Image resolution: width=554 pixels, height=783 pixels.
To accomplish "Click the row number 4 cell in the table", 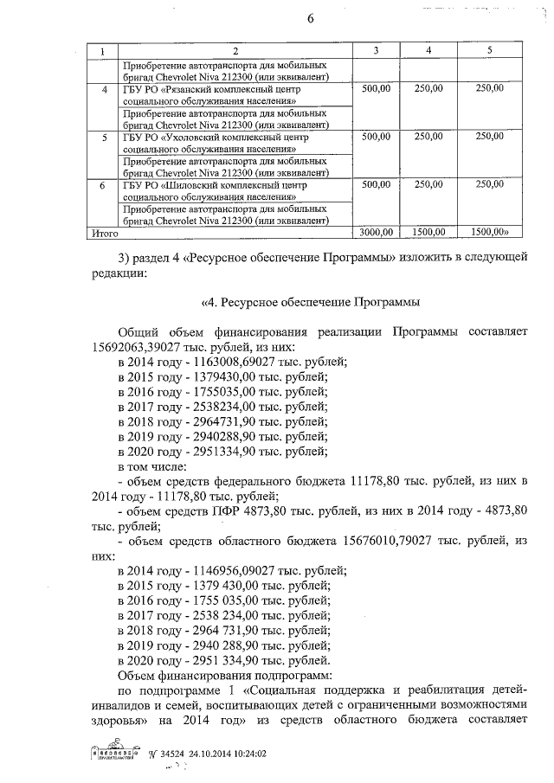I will [105, 89].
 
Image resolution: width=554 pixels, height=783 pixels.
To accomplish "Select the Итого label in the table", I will [104, 232].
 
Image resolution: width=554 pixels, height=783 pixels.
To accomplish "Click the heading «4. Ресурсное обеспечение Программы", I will [310, 302].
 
